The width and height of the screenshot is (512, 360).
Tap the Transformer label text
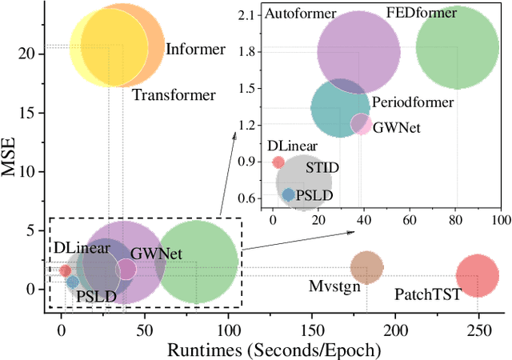tap(174, 95)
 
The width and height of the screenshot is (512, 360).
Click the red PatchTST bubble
tap(477, 276)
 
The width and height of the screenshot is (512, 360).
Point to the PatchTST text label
tap(428, 294)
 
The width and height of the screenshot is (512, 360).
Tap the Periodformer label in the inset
tap(412, 102)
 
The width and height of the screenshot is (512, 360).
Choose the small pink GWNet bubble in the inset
tap(362, 124)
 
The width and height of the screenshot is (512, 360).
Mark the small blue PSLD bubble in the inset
tap(288, 194)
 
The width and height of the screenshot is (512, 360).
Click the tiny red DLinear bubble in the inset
tap(278, 162)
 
